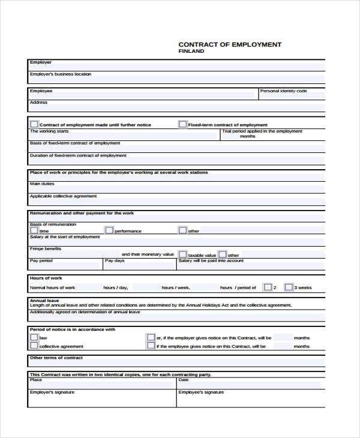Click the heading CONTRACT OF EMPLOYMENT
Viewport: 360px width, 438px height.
(x=230, y=44)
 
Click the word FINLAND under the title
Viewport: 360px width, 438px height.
(x=191, y=52)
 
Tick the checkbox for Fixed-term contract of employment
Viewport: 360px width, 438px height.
(x=182, y=124)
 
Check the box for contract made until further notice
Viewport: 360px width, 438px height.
(x=34, y=124)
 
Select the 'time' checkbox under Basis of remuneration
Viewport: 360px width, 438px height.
(x=34, y=230)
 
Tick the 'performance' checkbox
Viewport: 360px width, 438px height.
(x=109, y=230)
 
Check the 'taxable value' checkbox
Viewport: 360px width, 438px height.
(x=182, y=254)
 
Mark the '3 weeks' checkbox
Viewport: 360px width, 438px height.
(x=288, y=287)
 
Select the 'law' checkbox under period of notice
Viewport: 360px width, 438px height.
(x=34, y=338)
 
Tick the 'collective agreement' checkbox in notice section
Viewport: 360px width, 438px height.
(x=34, y=346)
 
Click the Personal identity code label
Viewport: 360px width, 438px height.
(x=283, y=91)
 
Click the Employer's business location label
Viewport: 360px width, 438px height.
(x=60, y=74)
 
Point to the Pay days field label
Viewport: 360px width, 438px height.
(x=115, y=261)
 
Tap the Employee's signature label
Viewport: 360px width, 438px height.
(x=200, y=392)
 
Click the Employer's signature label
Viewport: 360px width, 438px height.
(x=52, y=392)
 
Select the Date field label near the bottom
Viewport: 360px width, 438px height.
(x=184, y=380)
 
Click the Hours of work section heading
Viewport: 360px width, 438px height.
(x=46, y=278)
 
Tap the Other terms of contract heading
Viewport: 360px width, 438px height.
(x=56, y=358)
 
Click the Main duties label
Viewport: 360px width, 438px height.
(x=42, y=184)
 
